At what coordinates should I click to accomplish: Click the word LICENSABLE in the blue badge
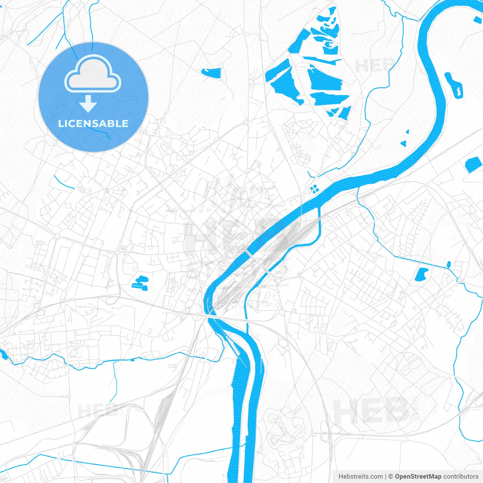coord(93,123)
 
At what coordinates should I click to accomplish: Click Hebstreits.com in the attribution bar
coord(361,477)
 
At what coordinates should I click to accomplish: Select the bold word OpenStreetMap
coord(418,477)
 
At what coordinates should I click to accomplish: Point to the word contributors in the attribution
coord(460,477)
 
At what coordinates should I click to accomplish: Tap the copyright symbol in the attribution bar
coord(391,477)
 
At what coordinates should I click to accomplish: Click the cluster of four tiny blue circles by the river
coord(314,188)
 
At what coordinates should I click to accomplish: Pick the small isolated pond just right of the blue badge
coord(211,72)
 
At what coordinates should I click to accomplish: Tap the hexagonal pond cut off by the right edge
coord(474,165)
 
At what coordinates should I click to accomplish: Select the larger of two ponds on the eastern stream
coord(421,274)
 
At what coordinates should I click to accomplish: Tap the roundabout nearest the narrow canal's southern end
coord(281,312)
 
